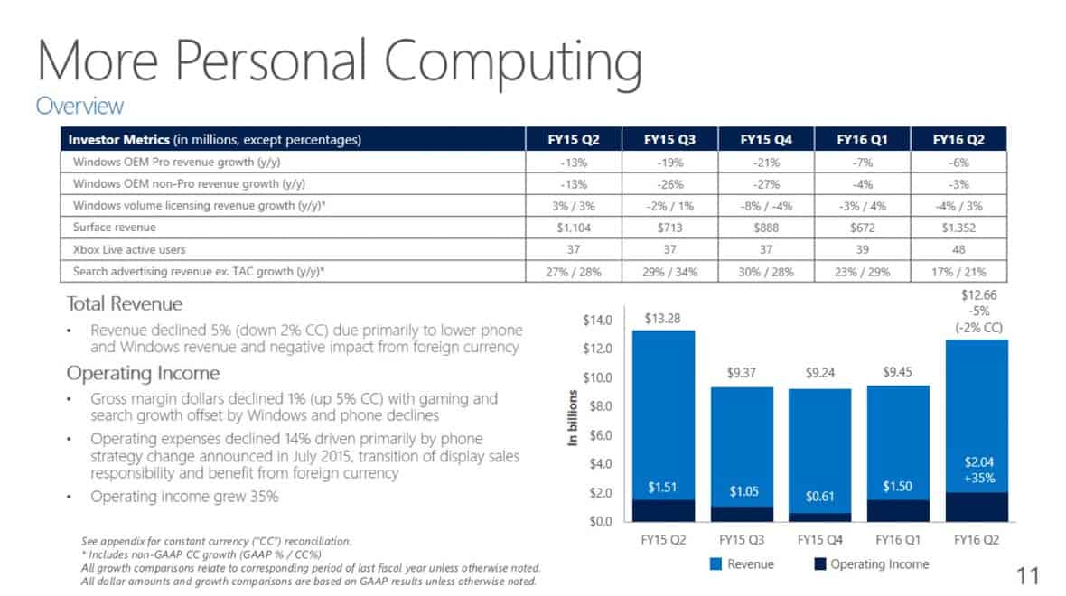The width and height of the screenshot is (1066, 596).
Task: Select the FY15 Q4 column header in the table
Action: tap(766, 140)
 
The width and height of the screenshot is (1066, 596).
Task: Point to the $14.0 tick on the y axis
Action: tap(597, 320)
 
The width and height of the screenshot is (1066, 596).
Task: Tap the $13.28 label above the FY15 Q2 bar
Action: tap(662, 318)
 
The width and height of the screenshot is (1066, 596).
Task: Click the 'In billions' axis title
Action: tap(573, 418)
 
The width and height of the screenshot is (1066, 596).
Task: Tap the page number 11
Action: tap(1028, 575)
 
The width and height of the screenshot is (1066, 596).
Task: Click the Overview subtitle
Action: tap(79, 106)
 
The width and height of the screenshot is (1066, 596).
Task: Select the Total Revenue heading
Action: tap(125, 303)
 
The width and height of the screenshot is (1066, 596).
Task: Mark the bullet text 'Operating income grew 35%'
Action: tap(184, 496)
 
